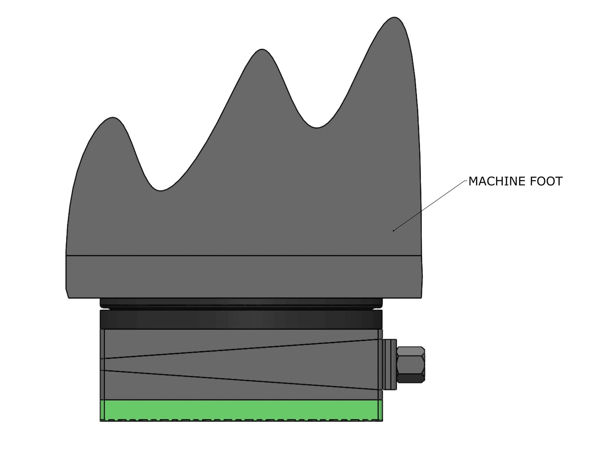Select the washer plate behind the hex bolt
click(x=390, y=365)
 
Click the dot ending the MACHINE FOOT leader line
click(x=393, y=230)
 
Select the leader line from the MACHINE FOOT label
click(x=430, y=206)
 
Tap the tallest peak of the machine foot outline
click(x=394, y=18)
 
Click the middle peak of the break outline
click(x=262, y=49)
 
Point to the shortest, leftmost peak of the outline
click(x=112, y=118)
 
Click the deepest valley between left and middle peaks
click(x=160, y=190)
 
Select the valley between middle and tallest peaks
click(x=316, y=127)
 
